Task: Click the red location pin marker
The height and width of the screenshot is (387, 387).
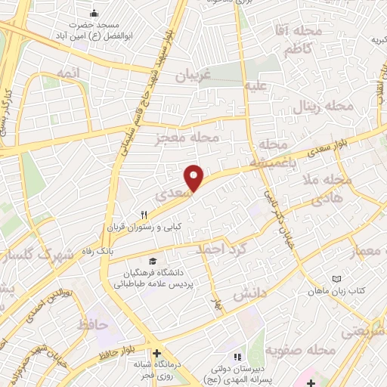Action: coord(194,177)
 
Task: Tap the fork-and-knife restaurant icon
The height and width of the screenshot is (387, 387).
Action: coord(144,214)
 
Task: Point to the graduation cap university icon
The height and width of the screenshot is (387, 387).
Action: coord(155,259)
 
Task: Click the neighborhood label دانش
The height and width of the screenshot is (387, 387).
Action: coord(249,293)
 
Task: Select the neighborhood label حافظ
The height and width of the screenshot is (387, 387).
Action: coord(93,325)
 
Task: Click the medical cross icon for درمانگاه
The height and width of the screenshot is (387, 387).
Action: coord(156,353)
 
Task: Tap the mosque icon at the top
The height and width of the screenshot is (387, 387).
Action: coord(94,13)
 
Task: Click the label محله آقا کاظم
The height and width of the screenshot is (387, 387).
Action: coord(295,42)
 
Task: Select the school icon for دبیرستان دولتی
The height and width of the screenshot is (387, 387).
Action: coord(237,357)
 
